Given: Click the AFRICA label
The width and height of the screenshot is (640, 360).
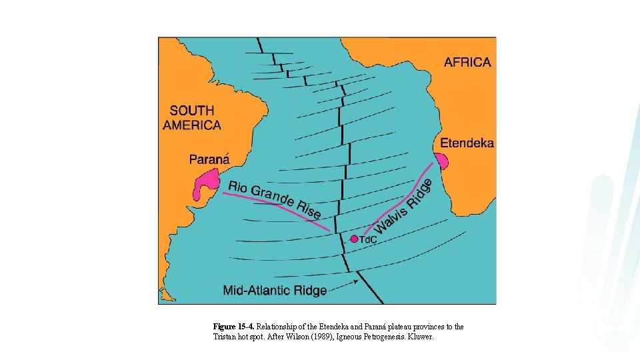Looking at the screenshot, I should coord(467,62).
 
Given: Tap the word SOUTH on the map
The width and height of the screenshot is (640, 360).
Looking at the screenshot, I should coord(192,111).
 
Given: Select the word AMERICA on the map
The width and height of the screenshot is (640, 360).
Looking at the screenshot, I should coord(192,125).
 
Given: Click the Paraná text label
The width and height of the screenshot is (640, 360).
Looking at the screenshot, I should coord(209,159).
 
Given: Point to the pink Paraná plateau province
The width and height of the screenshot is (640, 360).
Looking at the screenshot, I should coord(205,183).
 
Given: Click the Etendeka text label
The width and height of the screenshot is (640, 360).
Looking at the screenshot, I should coord(467,143).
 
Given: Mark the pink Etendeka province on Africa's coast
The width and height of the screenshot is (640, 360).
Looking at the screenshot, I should coord(441,161).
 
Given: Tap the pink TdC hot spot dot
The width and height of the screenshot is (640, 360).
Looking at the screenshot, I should coord(354,238).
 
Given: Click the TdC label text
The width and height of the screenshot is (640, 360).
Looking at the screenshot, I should coord(369,239).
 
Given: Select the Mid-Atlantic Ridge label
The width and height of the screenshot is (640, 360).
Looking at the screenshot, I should coord(275,290).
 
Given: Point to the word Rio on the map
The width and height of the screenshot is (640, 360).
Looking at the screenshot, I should coord(238,187).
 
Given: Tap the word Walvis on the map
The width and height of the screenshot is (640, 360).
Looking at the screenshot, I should coord(385,219).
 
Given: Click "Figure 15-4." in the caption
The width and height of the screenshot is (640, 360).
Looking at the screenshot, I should coord(234,327).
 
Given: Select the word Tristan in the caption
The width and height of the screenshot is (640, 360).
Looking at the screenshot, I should coord(224,337).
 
